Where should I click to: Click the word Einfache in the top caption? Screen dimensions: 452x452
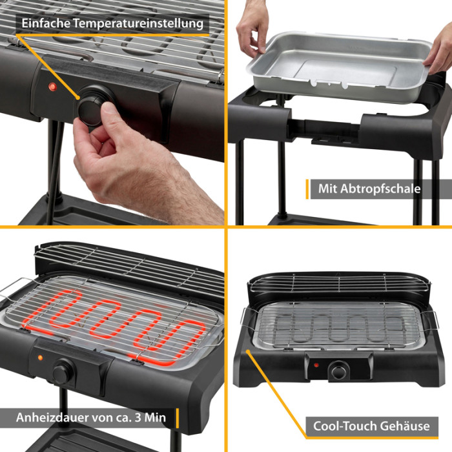point(46,23)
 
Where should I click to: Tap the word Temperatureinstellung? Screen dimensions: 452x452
point(138,24)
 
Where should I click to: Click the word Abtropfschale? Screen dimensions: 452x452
point(380,189)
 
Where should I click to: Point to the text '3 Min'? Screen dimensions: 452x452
point(150,417)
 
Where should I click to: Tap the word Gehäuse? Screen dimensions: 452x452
point(404,426)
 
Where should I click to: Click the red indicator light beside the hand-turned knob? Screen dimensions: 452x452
point(52,87)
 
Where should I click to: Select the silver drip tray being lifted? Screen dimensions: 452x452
point(339,66)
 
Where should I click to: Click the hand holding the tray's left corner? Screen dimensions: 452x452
point(251,29)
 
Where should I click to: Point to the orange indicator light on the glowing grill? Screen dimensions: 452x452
point(40,358)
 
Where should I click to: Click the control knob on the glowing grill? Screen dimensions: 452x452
point(63,371)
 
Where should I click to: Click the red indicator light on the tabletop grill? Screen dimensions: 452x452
point(316,365)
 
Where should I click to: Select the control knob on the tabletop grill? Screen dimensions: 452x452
point(338,371)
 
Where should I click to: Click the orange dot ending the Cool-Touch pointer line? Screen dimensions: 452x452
point(247,351)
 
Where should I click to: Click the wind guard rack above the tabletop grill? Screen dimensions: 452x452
point(339,283)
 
